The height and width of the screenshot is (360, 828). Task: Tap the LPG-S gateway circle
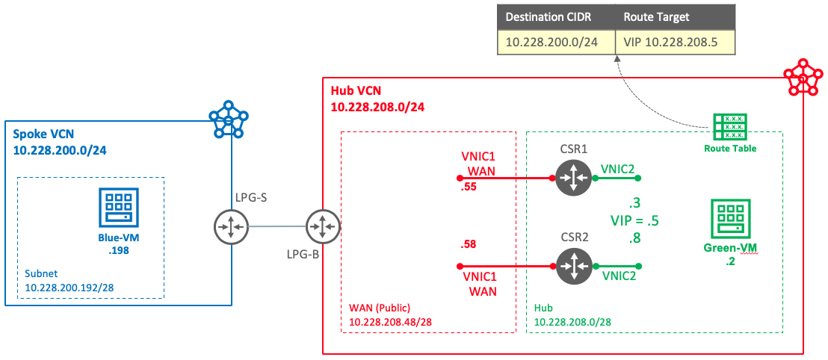[x=230, y=226]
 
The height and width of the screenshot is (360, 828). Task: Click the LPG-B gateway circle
[x=323, y=226]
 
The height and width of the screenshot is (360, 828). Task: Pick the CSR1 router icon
[x=573, y=179]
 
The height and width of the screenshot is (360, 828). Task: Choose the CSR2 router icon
[x=573, y=265]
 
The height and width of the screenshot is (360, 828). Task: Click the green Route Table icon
[x=729, y=128]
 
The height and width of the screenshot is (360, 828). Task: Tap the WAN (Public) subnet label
[x=380, y=307]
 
